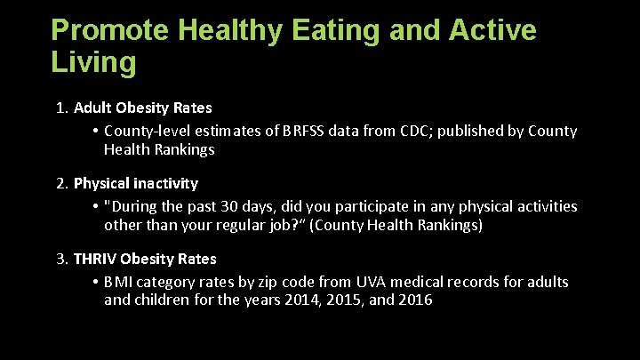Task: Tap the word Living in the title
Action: click(94, 63)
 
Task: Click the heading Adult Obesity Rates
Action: click(142, 108)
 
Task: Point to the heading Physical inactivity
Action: click(135, 184)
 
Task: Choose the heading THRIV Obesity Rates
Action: click(145, 260)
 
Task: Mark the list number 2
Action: click(61, 184)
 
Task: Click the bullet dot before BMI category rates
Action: click(94, 282)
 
